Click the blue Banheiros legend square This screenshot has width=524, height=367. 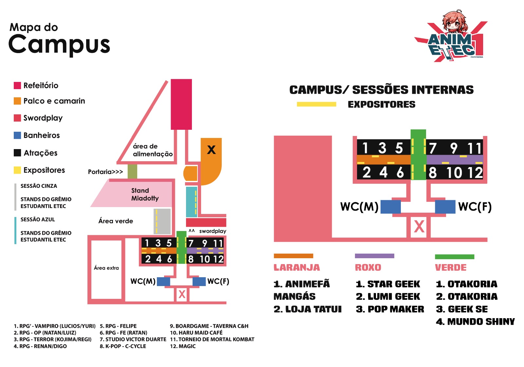(x=17, y=135)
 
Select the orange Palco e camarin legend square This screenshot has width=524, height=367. (x=17, y=101)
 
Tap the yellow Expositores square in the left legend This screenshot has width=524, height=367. (x=17, y=170)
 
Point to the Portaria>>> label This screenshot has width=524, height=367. (x=105, y=172)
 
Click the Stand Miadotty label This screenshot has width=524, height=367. (x=145, y=194)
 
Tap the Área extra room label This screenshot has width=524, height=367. (x=106, y=268)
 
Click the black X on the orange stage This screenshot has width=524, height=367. (x=211, y=150)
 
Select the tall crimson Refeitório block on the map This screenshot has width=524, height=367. (x=181, y=104)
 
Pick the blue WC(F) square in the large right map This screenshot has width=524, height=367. (x=445, y=207)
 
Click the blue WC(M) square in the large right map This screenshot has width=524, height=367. (x=391, y=207)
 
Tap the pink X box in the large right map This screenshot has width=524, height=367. (x=419, y=226)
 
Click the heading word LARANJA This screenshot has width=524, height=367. (x=297, y=267)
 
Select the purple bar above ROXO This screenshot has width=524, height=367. (x=374, y=256)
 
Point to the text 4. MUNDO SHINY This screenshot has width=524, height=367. (x=475, y=322)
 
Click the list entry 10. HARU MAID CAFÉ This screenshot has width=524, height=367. (x=196, y=333)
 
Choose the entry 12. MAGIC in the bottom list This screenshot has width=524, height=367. (x=183, y=346)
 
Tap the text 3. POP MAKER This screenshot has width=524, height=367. (x=390, y=309)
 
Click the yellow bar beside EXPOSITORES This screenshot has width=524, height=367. (x=316, y=104)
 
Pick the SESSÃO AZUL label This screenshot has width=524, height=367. (x=38, y=220)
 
